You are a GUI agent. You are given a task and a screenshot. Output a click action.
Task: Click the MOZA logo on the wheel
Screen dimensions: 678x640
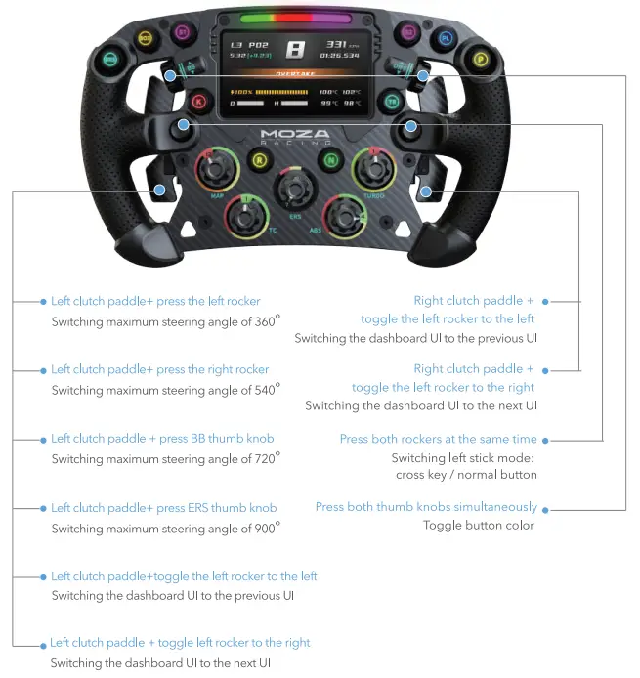point(295,134)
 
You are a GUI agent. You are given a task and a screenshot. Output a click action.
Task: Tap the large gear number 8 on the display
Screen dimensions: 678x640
point(295,49)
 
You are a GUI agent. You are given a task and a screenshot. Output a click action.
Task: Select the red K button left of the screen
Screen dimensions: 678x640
point(199,100)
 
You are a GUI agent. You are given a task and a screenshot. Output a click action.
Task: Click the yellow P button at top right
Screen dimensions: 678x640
point(480,59)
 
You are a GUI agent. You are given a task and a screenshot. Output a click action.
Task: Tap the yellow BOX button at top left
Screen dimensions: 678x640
point(146,38)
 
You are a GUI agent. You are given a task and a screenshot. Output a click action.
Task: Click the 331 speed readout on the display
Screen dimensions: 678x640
point(336,44)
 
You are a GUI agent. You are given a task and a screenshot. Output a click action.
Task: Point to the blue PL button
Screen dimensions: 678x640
point(446,38)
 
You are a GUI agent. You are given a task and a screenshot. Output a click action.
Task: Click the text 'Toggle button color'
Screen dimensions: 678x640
point(478,525)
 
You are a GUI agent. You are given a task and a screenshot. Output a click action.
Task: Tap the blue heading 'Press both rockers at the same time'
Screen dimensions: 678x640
point(438,439)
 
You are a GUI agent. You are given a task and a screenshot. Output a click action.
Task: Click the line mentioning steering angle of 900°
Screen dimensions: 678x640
point(165,527)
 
